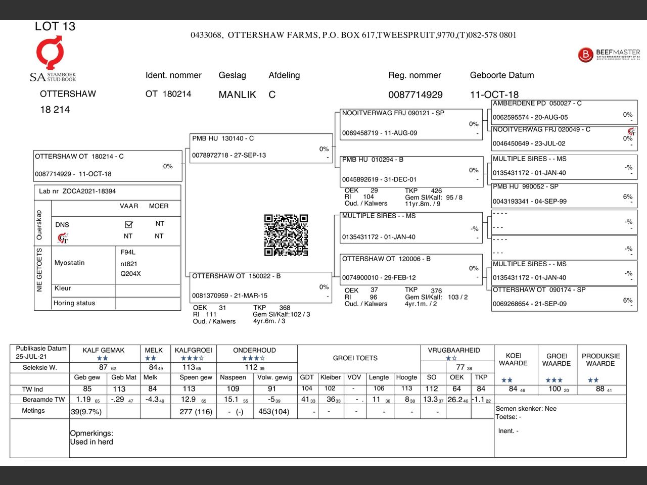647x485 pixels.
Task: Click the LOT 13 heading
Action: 55,26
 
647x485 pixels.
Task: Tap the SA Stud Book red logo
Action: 50,53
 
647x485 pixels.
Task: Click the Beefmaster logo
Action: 609,55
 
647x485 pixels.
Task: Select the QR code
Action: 286,235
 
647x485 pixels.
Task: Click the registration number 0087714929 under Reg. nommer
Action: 415,94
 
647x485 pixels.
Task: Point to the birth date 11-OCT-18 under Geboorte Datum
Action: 494,94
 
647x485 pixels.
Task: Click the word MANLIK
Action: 237,94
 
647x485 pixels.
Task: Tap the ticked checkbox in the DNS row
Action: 128,224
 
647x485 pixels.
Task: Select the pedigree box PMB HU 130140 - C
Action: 261,148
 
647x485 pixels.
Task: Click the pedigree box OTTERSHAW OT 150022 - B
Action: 261,286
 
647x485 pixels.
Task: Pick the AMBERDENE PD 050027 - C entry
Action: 564,111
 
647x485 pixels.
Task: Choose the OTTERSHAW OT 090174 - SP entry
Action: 564,297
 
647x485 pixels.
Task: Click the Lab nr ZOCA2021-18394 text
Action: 77,191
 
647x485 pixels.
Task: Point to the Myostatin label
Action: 70,263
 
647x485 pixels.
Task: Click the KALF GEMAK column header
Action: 103,350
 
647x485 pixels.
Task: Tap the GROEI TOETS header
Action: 355,358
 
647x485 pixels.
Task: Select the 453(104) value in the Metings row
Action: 273,411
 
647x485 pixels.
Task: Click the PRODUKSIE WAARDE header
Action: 600,360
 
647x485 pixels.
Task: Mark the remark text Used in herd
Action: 91,442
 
